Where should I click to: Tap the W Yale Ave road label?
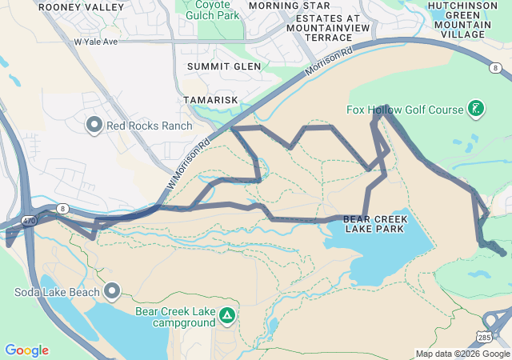(x=95, y=41)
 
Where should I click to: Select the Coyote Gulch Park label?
(x=213, y=10)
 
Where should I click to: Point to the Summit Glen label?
(x=224, y=66)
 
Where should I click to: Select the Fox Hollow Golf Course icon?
(x=476, y=108)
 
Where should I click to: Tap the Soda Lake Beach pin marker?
(x=112, y=290)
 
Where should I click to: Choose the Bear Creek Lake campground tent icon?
(x=228, y=316)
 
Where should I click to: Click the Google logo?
(x=26, y=350)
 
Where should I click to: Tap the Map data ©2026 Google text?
(x=462, y=354)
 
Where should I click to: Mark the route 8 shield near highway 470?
(x=62, y=208)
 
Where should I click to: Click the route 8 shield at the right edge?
(x=496, y=68)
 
